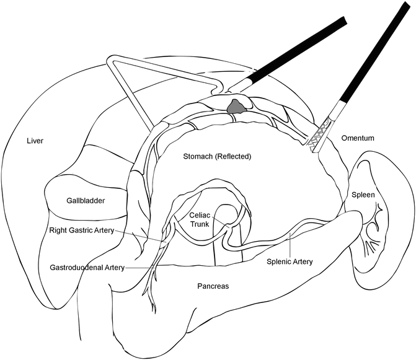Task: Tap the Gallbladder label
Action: click(87, 201)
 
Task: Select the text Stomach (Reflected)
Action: click(217, 157)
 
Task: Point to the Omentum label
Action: click(359, 138)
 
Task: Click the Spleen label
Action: click(363, 194)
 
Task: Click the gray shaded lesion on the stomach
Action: click(234, 107)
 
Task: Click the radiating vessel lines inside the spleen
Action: click(373, 239)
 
